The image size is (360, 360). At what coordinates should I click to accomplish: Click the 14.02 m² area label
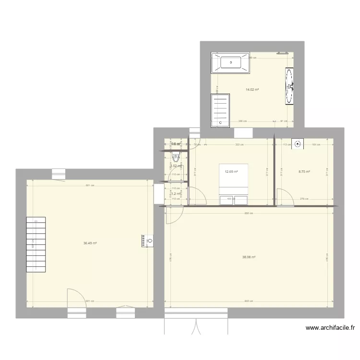(x=252, y=89)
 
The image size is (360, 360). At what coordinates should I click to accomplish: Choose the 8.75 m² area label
(x=304, y=171)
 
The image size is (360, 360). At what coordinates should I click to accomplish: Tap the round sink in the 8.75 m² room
(x=299, y=143)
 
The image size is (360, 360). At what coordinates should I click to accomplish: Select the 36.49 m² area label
(x=90, y=243)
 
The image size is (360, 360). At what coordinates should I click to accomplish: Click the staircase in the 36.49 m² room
(x=36, y=244)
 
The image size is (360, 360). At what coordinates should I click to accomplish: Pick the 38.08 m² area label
(x=249, y=257)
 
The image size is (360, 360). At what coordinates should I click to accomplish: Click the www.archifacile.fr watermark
(x=330, y=328)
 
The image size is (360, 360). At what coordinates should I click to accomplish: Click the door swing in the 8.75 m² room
(x=286, y=197)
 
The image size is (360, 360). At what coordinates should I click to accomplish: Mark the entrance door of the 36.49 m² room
(x=76, y=298)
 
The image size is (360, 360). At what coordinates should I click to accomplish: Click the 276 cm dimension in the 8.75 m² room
(x=303, y=199)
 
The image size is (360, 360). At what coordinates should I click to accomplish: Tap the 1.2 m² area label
(x=176, y=194)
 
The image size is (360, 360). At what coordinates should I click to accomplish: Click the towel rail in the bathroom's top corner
(x=282, y=53)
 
